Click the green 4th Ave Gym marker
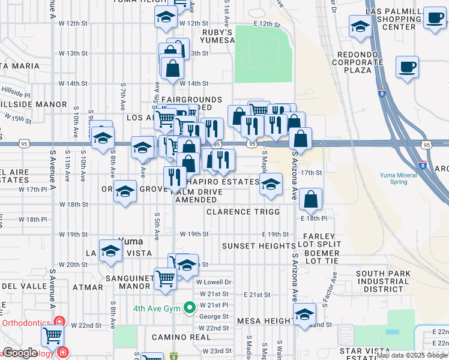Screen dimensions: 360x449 (190, 308)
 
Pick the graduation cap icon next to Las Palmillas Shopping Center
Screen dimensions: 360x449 (360, 27)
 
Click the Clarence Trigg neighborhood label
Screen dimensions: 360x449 (243, 212)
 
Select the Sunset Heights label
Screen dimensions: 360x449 (259, 246)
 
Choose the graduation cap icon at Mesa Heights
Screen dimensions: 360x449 (304, 314)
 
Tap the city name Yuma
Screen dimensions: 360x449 (130, 241)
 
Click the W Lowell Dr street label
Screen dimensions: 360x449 (214, 281)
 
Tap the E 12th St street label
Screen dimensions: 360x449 (267, 23)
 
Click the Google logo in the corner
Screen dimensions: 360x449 (20, 353)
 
